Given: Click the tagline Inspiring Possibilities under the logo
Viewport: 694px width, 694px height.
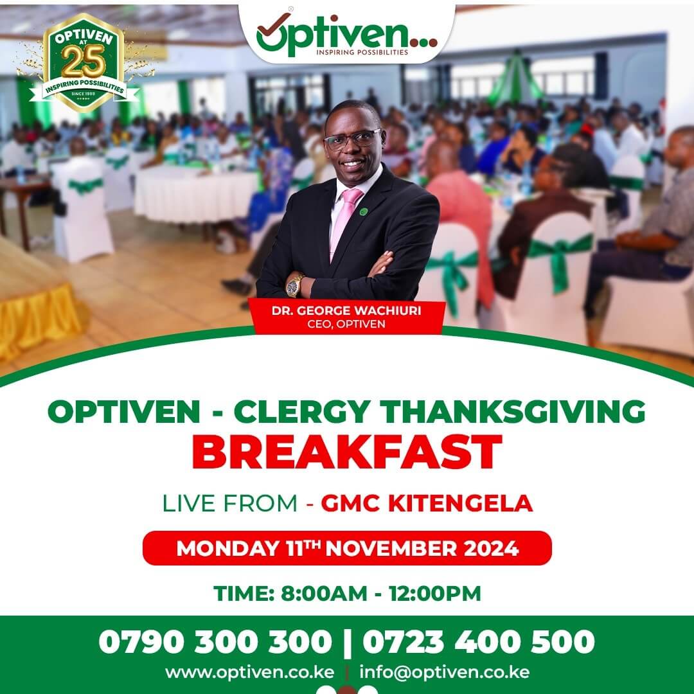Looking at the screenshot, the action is (x=362, y=52).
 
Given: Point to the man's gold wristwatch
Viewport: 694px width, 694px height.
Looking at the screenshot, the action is (x=294, y=285).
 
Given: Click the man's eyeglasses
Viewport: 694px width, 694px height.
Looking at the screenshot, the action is (x=352, y=139).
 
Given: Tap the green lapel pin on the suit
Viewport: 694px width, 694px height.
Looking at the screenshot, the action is (x=363, y=211).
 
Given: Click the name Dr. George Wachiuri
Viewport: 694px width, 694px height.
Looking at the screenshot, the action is (x=346, y=310).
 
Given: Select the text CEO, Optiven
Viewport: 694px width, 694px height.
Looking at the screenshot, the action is (x=346, y=324).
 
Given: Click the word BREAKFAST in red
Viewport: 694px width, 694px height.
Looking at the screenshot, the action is (x=347, y=452).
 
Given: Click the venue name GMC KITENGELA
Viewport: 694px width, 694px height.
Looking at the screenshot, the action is (x=427, y=503).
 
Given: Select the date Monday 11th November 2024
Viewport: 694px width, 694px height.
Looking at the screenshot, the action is (x=348, y=548).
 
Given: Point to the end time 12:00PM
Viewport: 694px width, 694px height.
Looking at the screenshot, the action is (x=434, y=594).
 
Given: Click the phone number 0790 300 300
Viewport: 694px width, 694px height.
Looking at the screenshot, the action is (x=215, y=641).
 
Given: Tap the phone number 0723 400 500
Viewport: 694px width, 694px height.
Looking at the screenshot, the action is (x=479, y=641).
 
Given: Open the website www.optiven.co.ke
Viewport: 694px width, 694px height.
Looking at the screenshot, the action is (x=249, y=672).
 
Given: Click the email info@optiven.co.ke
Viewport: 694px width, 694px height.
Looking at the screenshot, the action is (x=445, y=672).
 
